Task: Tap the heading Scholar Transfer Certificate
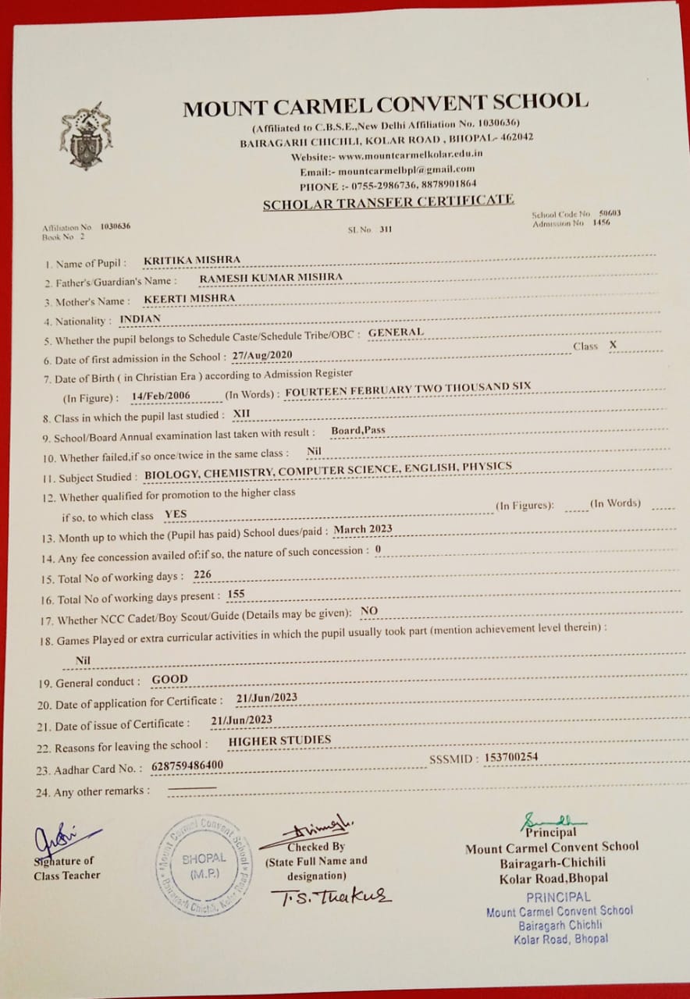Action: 388,203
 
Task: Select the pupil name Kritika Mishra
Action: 192,260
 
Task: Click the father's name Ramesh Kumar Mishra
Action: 271,277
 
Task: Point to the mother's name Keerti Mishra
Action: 190,297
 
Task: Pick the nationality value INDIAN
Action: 140,318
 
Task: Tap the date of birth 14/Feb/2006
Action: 161,396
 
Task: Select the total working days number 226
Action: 202,574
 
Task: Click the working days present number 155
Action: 236,595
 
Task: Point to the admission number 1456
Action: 600,222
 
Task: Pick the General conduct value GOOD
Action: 169,679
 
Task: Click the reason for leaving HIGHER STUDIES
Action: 279,739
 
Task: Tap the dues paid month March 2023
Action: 362,529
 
